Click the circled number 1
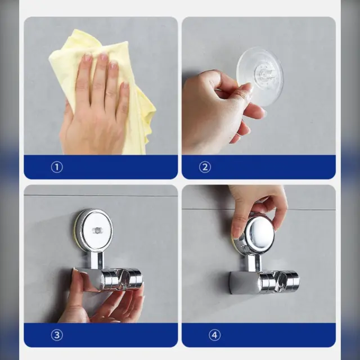click(x=57, y=167)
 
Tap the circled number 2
click(x=205, y=167)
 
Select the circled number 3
click(x=57, y=335)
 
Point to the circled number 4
click(x=214, y=335)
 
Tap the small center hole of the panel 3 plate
click(x=96, y=230)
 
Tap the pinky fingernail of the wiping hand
click(x=125, y=85)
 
